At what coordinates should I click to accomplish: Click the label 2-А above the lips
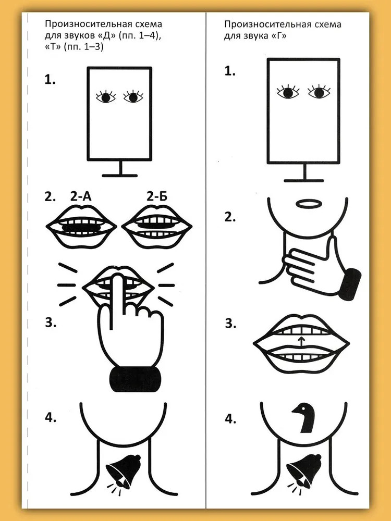[x=81, y=197]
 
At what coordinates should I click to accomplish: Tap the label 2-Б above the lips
[x=157, y=197]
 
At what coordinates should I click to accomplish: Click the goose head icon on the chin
[x=304, y=418]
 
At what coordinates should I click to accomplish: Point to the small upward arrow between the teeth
[x=301, y=342]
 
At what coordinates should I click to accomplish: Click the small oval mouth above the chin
[x=309, y=204]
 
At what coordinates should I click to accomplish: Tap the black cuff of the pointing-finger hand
[x=136, y=379]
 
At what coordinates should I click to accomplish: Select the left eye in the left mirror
[x=106, y=97]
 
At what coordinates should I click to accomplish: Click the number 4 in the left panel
[x=51, y=418]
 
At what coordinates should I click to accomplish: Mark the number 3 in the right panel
[x=230, y=324]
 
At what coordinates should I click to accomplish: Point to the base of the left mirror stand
[x=120, y=176]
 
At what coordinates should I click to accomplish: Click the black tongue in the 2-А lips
[x=81, y=228]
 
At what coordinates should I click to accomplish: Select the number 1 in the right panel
[x=230, y=71]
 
